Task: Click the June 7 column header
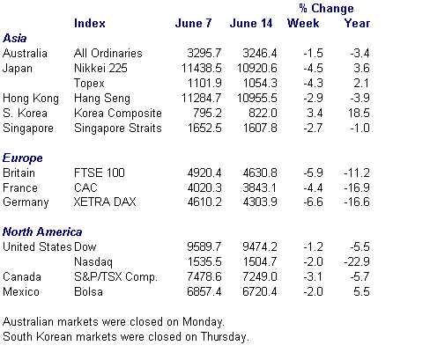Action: point(193,23)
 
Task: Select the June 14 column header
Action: point(251,23)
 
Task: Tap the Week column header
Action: point(303,23)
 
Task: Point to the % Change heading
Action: point(326,8)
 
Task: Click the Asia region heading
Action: point(15,38)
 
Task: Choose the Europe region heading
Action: point(23,158)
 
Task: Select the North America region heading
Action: point(42,231)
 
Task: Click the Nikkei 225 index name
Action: point(100,68)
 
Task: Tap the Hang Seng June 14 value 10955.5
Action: point(257,98)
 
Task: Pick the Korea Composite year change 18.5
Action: point(359,113)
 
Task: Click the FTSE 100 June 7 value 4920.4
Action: point(204,173)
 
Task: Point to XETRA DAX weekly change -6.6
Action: point(314,202)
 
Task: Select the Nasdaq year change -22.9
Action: point(357,261)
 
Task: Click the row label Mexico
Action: point(21,292)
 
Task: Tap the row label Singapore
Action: point(28,129)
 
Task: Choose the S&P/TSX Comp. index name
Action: point(116,277)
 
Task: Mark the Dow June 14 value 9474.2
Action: point(260,246)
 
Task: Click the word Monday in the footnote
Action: point(204,322)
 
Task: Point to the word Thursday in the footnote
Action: point(225,337)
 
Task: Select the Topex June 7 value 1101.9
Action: point(204,83)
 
